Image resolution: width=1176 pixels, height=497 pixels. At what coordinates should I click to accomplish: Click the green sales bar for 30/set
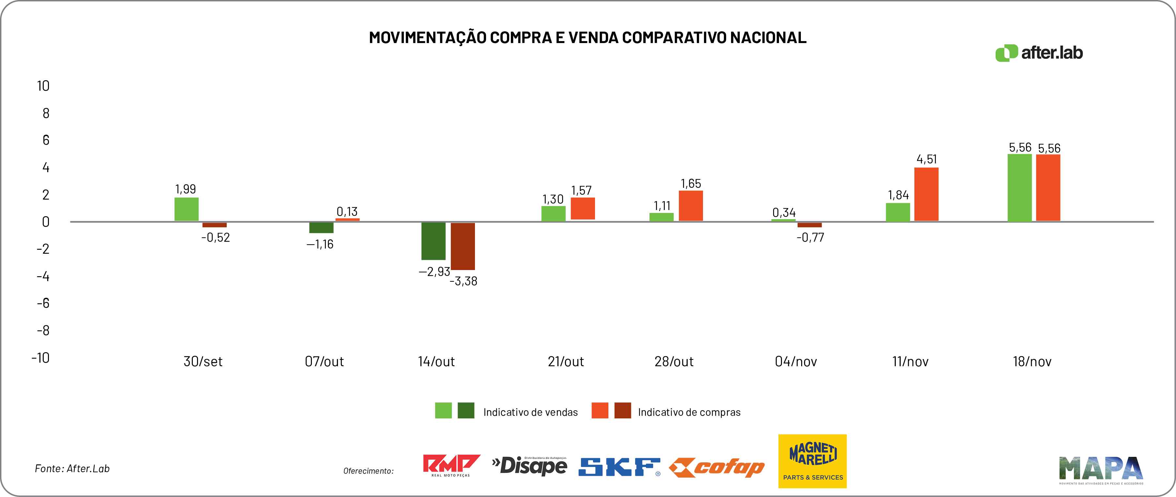click(x=186, y=209)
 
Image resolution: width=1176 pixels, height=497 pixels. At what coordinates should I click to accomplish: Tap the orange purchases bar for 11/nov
click(x=926, y=194)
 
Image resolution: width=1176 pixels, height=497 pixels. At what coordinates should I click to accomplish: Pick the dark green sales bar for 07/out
click(x=321, y=227)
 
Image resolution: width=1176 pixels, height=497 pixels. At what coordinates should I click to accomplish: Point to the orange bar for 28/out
click(x=691, y=206)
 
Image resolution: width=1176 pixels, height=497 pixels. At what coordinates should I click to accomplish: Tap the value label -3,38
click(x=463, y=281)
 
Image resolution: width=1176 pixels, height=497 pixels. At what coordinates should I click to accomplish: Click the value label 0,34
click(x=784, y=212)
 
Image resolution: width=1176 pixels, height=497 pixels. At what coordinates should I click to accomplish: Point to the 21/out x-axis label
click(x=566, y=361)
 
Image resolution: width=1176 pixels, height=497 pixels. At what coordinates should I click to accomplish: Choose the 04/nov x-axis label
click(x=796, y=361)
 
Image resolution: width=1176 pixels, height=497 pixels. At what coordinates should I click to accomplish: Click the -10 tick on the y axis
click(x=40, y=357)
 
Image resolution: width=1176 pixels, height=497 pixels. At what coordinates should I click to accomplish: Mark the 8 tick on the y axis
click(x=46, y=113)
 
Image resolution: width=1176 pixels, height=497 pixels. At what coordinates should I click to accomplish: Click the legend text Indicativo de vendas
click(x=530, y=412)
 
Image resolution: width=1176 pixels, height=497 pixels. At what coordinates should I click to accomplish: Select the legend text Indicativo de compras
click(x=689, y=412)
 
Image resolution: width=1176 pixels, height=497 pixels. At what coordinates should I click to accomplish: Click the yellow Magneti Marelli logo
click(x=812, y=461)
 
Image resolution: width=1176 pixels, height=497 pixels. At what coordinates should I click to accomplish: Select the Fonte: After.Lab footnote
click(x=72, y=469)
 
